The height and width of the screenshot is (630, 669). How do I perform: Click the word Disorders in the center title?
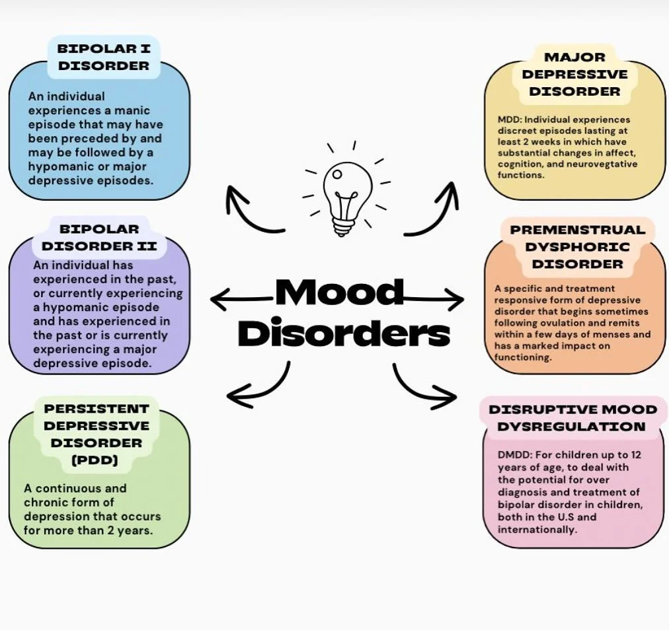343,333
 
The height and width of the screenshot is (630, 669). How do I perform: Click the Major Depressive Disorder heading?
574,75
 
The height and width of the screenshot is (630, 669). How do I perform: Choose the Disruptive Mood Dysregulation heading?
573,417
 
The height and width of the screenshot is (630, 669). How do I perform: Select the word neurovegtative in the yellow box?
602,164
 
